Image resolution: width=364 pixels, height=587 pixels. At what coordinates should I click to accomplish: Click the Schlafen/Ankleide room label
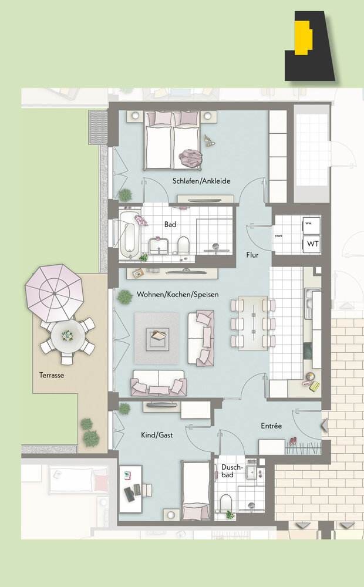pos(201,181)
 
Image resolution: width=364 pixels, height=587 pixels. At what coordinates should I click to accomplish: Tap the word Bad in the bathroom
pos(170,225)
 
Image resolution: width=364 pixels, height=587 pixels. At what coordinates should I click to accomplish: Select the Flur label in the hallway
pos(252,255)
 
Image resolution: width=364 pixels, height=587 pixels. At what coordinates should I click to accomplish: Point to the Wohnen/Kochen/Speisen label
pos(177,295)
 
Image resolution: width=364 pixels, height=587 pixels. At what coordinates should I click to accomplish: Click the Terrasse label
pos(52,375)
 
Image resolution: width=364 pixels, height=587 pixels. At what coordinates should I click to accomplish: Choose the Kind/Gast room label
pos(157,435)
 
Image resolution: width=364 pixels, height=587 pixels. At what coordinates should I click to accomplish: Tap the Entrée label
pos(271,426)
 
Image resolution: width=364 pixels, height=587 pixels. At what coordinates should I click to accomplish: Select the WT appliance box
pos(312,244)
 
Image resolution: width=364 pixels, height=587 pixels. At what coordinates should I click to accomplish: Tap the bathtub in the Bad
pos(129,235)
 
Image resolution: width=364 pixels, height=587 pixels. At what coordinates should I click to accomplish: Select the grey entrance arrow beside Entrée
pos(324,426)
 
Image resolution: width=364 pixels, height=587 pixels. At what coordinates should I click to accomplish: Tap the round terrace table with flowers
pos(68,336)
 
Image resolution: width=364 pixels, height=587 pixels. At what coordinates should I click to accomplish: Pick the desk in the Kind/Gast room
pos(130,489)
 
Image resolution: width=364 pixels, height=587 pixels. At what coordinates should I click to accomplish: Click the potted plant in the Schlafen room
pos(126,195)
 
